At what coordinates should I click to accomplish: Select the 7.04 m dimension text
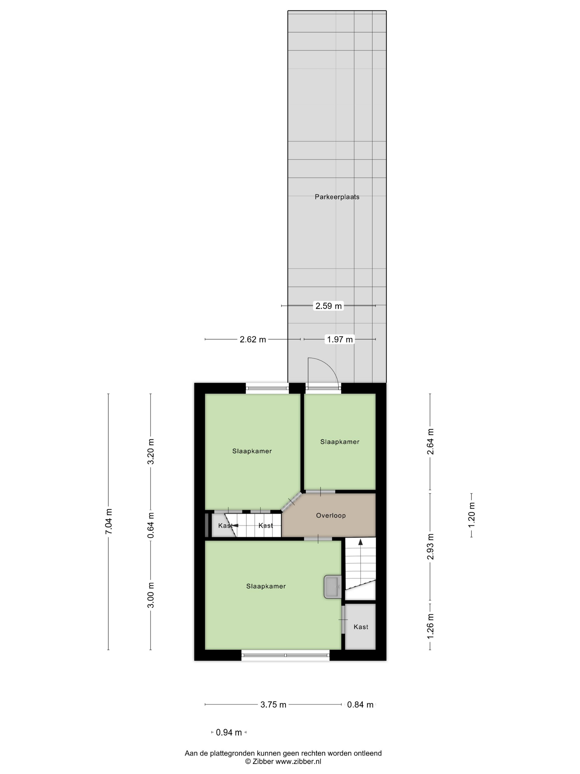[x=109, y=521]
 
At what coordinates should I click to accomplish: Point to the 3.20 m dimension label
[x=151, y=451]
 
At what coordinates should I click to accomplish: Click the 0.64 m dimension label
[x=151, y=525]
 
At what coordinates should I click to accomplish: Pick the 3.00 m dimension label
[x=151, y=595]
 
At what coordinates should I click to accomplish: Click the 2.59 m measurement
[x=329, y=306]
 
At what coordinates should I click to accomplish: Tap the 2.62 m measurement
[x=253, y=339]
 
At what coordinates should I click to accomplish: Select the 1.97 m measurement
[x=339, y=339]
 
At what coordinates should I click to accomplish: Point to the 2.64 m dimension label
[x=430, y=441]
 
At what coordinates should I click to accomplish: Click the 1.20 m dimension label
[x=472, y=516]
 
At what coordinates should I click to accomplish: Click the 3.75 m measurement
[x=273, y=705]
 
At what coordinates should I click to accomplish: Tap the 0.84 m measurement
[x=360, y=705]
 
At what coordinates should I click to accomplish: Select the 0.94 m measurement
[x=229, y=732]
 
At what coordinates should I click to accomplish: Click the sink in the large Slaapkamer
[x=333, y=587]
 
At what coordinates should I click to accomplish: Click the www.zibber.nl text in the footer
[x=298, y=761]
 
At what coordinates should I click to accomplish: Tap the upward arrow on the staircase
[x=360, y=543]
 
